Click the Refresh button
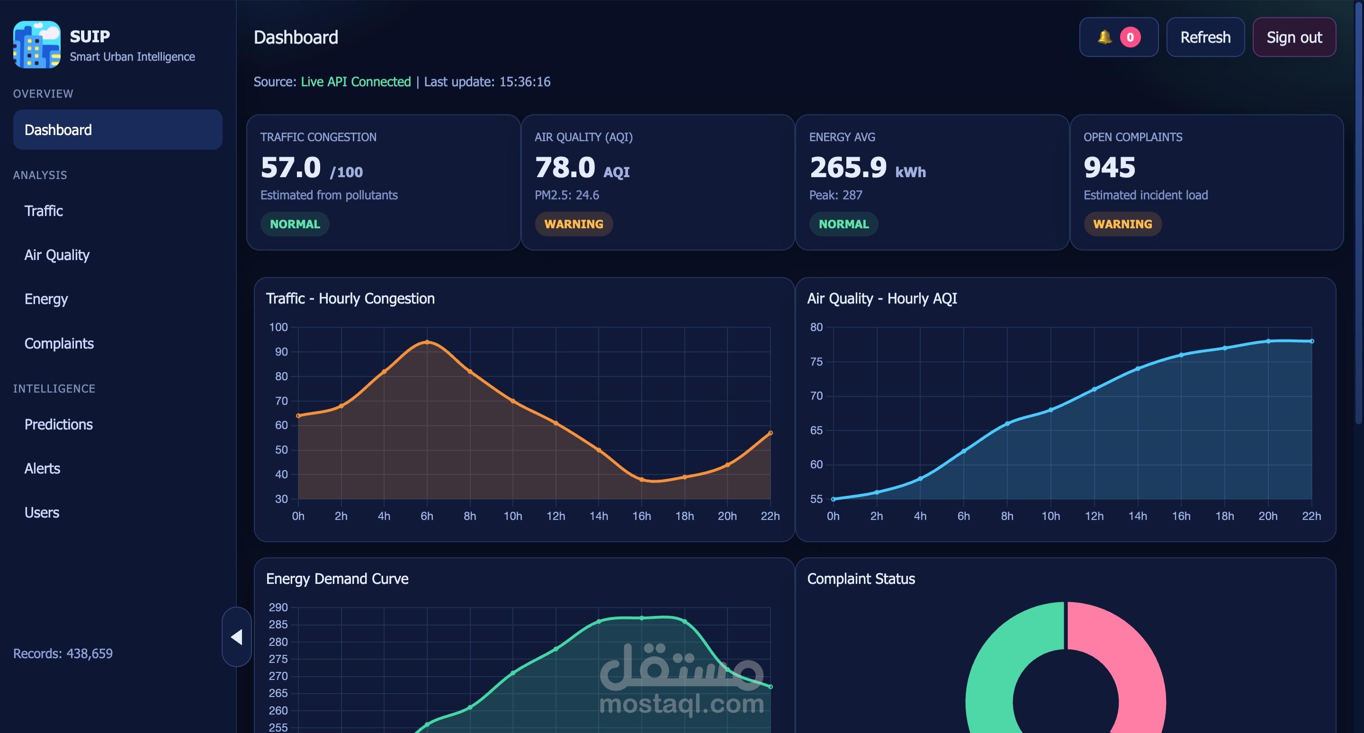pyautogui.click(x=1205, y=37)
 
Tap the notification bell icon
pyautogui.click(x=1104, y=37)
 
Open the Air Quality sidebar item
pyautogui.click(x=57, y=255)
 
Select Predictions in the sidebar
pyautogui.click(x=59, y=424)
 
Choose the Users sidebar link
pyautogui.click(x=42, y=512)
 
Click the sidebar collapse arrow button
pyautogui.click(x=237, y=637)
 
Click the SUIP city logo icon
pyautogui.click(x=36, y=45)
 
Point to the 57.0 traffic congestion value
pyautogui.click(x=291, y=167)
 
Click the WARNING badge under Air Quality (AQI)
pyautogui.click(x=574, y=224)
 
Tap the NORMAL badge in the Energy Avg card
pyautogui.click(x=844, y=224)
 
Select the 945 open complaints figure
pyautogui.click(x=1109, y=167)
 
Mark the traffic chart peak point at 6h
pyautogui.click(x=427, y=342)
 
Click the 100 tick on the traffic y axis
pyautogui.click(x=278, y=327)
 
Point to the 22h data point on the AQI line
pyautogui.click(x=1311, y=341)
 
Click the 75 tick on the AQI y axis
pyautogui.click(x=817, y=361)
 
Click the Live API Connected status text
pyautogui.click(x=356, y=81)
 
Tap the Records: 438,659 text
pyautogui.click(x=63, y=653)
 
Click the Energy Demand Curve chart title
pyautogui.click(x=337, y=579)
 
